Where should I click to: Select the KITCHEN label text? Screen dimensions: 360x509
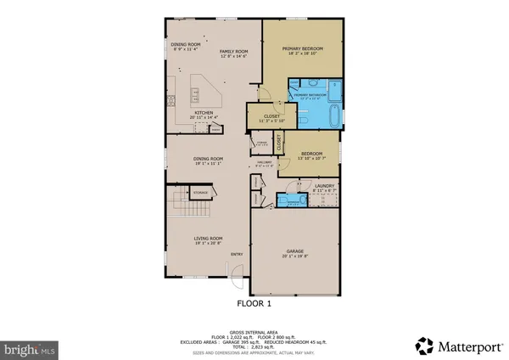[204, 112]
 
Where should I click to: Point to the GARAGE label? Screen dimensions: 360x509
[294, 252]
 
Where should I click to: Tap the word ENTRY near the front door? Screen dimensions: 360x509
[237, 254]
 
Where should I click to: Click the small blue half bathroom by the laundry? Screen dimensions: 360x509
[296, 200]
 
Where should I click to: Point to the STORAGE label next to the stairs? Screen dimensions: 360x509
[200, 194]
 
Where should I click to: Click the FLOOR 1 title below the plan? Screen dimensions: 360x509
[254, 302]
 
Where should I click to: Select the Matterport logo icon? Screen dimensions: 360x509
[422, 345]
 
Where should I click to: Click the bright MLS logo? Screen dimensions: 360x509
[30, 348]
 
